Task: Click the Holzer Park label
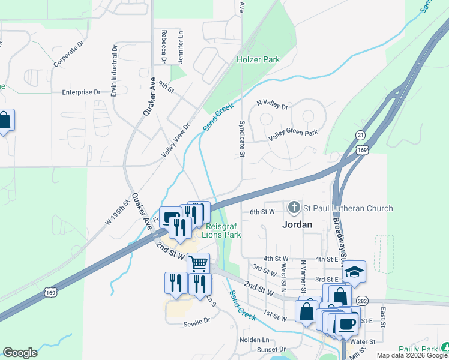258,60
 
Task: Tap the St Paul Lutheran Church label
348,208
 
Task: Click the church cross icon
294,208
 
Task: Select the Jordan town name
297,224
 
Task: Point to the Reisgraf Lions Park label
223,230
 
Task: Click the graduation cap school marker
355,271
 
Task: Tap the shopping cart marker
198,263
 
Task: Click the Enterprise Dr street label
81,92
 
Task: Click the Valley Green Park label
293,135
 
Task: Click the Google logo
20,352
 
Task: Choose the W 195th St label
118,212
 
